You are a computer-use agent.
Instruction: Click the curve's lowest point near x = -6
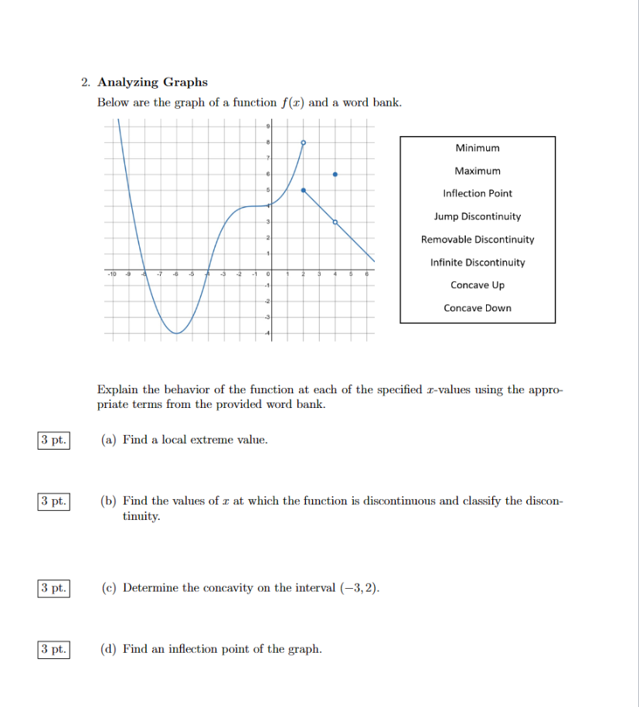pos(177,333)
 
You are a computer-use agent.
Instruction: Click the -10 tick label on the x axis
pos(112,274)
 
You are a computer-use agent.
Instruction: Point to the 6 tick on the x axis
pos(367,274)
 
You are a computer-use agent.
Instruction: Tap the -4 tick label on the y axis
pos(267,333)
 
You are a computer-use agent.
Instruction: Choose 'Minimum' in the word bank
pos(478,148)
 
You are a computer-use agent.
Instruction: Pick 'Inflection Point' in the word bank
pos(478,193)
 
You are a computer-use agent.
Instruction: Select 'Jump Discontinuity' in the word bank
pos(478,216)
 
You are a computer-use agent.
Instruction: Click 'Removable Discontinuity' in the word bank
pos(478,240)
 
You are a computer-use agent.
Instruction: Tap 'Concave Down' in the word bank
pos(478,308)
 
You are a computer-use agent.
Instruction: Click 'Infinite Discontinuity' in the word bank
pos(478,263)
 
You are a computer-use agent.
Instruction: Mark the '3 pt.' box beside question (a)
pos(53,440)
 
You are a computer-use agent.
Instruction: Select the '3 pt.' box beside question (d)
pos(53,649)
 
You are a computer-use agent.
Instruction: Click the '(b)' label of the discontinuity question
pos(109,501)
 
